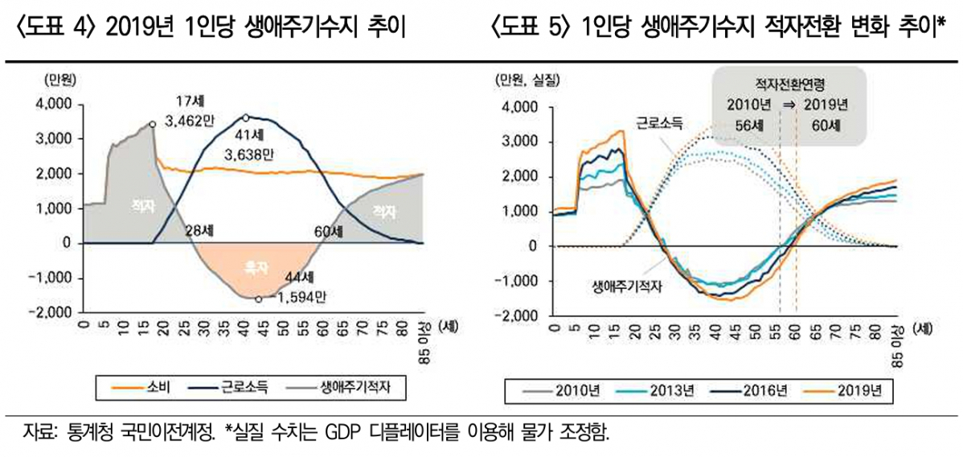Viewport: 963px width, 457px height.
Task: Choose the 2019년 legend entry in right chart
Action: pyautogui.click(x=858, y=392)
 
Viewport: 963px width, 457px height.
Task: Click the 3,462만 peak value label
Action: pyautogui.click(x=192, y=121)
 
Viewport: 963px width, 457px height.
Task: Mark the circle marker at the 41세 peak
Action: pyautogui.click(x=246, y=117)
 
